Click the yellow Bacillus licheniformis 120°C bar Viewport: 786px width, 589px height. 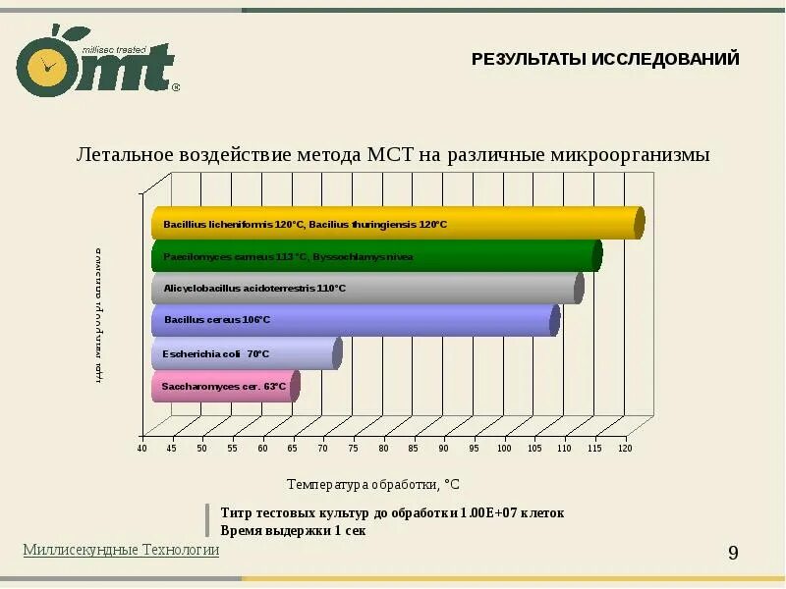(x=393, y=224)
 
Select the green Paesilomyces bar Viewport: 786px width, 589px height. (x=373, y=256)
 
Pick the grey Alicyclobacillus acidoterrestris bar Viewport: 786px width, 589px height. (x=364, y=289)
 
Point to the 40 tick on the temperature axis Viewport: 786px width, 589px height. (x=141, y=449)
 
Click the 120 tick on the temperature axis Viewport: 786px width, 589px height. (x=625, y=449)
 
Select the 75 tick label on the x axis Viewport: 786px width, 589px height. (x=353, y=449)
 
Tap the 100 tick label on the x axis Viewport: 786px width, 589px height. (x=504, y=449)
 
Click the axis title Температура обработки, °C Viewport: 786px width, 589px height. (x=373, y=484)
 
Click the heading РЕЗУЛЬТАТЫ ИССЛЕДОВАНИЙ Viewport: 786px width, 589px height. (x=605, y=59)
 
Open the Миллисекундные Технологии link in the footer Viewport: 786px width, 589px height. (x=121, y=550)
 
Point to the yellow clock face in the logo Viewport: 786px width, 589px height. (x=45, y=66)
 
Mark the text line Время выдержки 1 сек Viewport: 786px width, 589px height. (x=293, y=530)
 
